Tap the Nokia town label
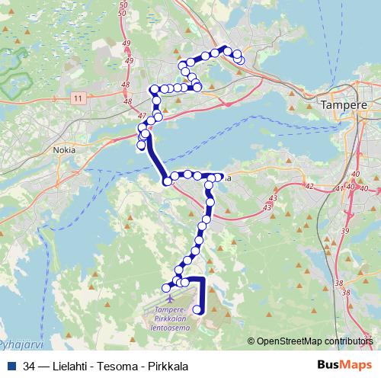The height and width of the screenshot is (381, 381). click(63, 150)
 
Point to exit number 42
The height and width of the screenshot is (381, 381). click(308, 186)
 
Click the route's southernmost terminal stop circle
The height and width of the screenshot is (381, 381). click(199, 309)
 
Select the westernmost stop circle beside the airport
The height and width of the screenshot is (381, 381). click(167, 287)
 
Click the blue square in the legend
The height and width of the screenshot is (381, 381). click(11, 366)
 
